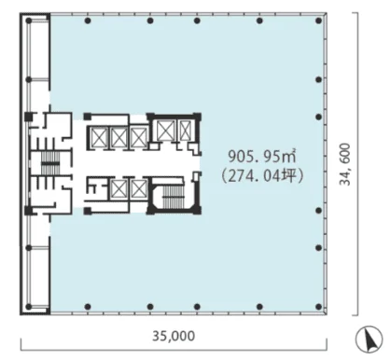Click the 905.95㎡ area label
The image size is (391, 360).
pos(262,156)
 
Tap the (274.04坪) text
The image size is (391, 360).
pos(262,176)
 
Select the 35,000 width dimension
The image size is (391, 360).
pos(174,336)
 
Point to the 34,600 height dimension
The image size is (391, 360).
pos(344,164)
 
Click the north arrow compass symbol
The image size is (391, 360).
pos(370,339)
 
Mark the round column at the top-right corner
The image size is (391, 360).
pos(318,21)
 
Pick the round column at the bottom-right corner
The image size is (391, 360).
pos(318,307)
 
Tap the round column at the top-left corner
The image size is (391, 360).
pos(29,21)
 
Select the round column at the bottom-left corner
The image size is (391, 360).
pos(29,307)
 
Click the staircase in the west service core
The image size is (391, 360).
pos(50,163)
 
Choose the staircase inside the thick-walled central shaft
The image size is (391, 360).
pos(174,197)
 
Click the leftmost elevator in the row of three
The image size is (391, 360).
pos(99,137)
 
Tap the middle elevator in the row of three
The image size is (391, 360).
pos(119,137)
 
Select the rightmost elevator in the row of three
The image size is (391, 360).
pos(139,137)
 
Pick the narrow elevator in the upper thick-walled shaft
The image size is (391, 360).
pos(185,131)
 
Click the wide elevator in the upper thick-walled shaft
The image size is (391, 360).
pos(166,131)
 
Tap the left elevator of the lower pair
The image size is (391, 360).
pos(119,188)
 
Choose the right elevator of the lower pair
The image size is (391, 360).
pos(139,188)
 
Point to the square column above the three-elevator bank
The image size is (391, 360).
pos(88,117)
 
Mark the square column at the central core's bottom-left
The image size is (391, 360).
pos(88,211)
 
